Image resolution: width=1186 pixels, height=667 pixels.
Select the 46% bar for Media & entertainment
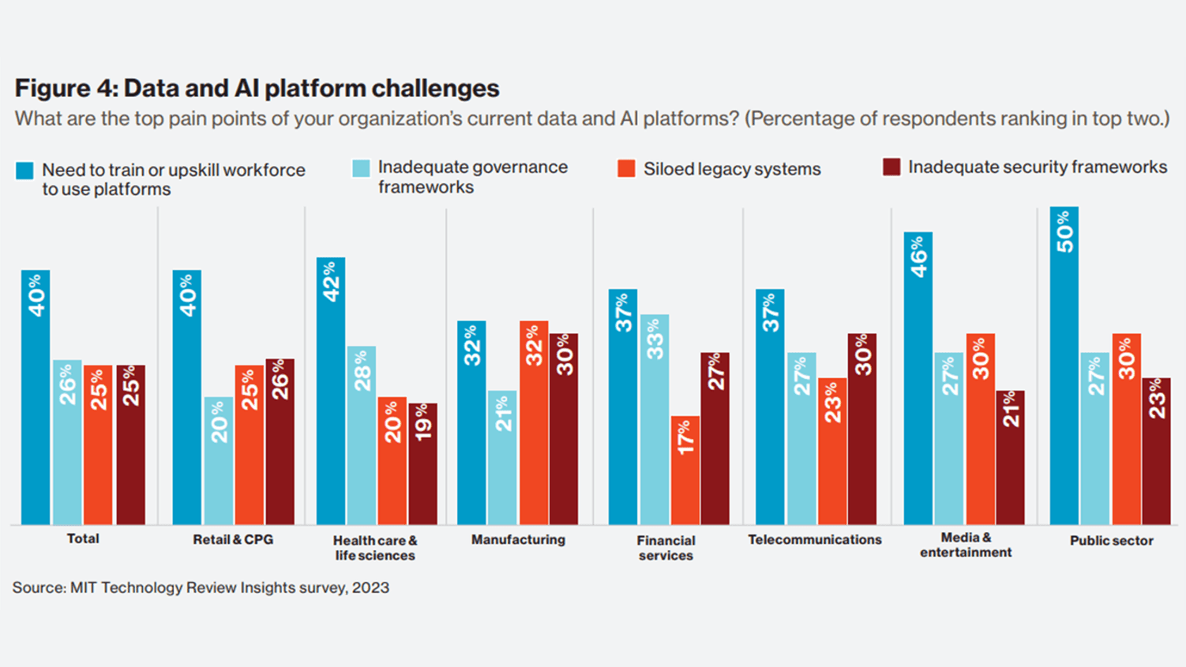click(x=918, y=378)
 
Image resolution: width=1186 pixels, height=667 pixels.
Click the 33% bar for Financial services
click(x=655, y=419)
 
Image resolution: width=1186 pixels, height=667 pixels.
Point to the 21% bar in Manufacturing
click(x=502, y=457)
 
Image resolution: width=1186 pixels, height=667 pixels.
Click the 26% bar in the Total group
click(x=67, y=442)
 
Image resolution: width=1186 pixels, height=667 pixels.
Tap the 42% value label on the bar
click(x=331, y=281)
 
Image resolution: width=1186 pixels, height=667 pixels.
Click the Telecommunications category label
click(x=815, y=540)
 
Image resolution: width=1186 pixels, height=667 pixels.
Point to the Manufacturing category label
click(x=518, y=540)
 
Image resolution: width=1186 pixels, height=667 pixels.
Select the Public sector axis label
click(x=1111, y=541)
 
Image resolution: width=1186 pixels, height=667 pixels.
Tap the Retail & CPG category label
click(x=233, y=540)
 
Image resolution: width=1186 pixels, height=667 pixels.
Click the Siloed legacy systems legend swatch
click(x=626, y=169)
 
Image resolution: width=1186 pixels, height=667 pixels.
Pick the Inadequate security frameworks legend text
click(x=1037, y=167)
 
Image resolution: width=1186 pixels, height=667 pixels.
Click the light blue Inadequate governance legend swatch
click(x=361, y=168)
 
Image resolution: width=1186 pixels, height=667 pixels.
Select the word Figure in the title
click(x=52, y=88)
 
